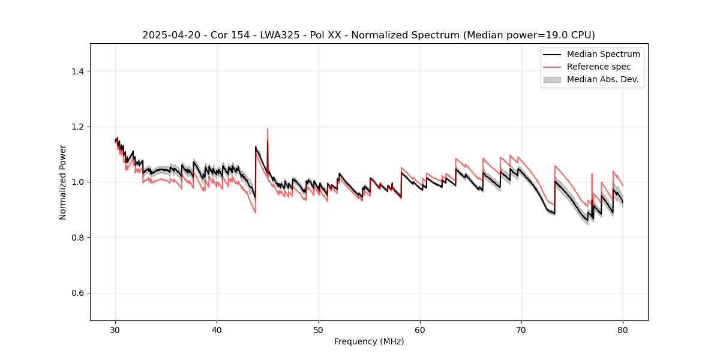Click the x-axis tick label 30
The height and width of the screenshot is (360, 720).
click(x=115, y=329)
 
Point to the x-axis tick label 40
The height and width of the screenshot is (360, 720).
click(x=217, y=329)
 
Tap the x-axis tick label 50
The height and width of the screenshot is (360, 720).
click(x=319, y=329)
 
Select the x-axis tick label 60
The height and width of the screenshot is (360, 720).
click(x=420, y=329)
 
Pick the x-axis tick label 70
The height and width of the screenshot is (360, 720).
click(x=521, y=329)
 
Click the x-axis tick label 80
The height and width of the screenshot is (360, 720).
click(x=623, y=329)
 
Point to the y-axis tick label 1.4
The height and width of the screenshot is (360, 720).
click(x=77, y=71)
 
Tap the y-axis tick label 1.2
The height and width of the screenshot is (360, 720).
click(x=77, y=127)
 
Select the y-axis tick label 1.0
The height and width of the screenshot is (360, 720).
click(x=77, y=182)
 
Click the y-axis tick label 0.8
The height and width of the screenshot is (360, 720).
click(x=77, y=238)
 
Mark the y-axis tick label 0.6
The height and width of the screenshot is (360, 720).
click(x=77, y=293)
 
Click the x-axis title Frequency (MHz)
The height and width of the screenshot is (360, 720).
click(x=369, y=341)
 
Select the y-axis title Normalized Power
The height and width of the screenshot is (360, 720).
click(x=63, y=182)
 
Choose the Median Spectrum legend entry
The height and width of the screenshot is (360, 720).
click(x=603, y=54)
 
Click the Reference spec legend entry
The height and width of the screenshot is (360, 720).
click(x=598, y=67)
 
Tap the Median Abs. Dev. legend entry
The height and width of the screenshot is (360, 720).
click(x=602, y=79)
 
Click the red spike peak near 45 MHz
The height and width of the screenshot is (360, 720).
click(x=268, y=129)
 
